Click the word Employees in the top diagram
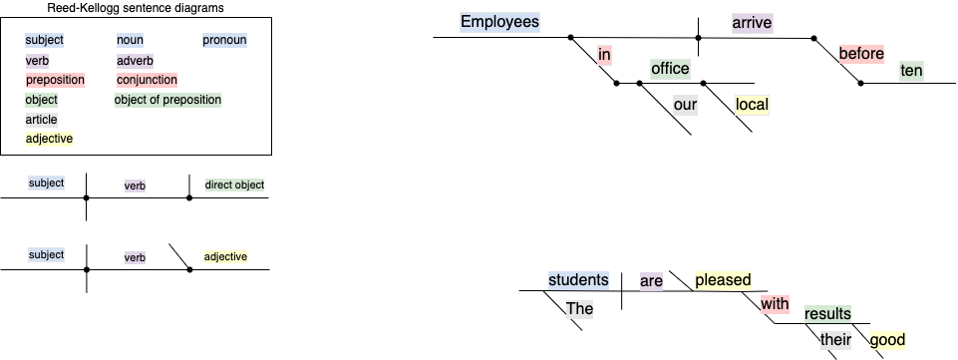(500, 22)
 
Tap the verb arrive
(752, 22)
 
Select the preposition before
(861, 54)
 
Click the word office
(670, 69)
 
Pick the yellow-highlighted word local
(752, 105)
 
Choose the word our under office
(684, 105)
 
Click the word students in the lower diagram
(578, 280)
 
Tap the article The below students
(579, 308)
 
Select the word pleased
(723, 280)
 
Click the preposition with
(775, 302)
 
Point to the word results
(827, 315)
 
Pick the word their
(833, 340)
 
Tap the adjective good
(887, 340)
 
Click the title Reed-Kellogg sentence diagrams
(136, 8)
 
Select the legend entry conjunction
(147, 80)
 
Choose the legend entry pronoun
(224, 40)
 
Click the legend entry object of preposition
(167, 100)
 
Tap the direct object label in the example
(234, 184)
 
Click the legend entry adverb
(135, 60)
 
